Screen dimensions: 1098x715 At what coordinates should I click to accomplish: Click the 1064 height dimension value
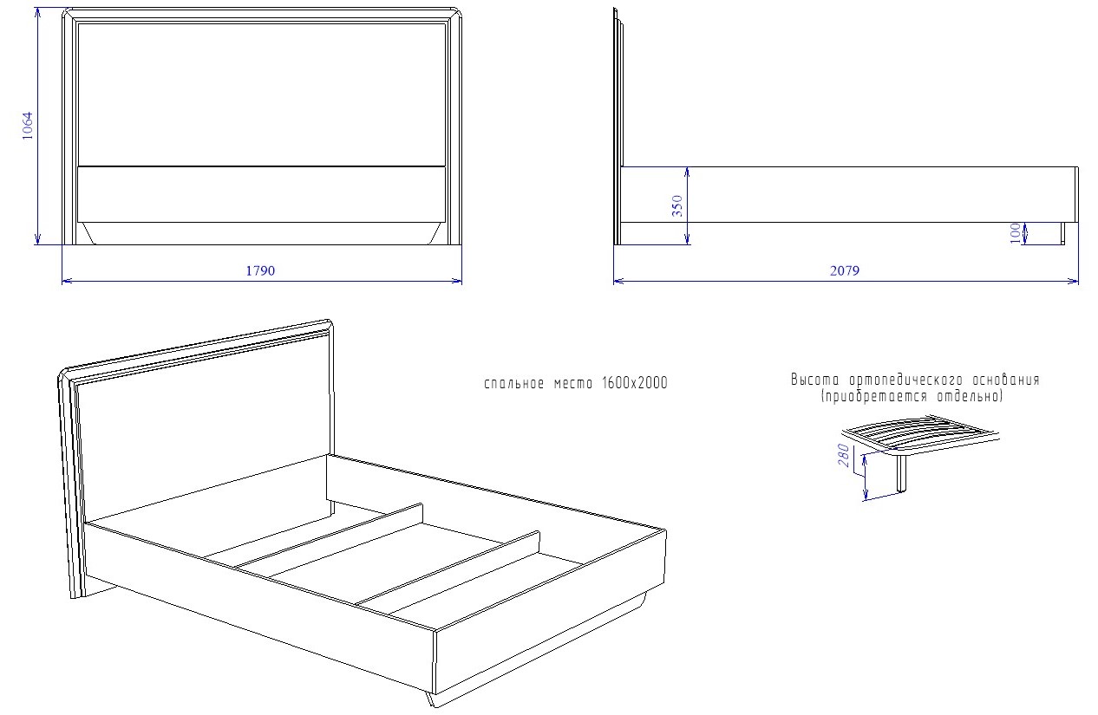click(x=28, y=126)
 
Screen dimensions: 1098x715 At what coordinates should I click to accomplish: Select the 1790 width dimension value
click(x=260, y=270)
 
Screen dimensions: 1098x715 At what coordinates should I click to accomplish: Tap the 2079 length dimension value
click(x=845, y=270)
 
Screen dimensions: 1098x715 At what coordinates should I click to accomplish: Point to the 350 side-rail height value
click(x=677, y=205)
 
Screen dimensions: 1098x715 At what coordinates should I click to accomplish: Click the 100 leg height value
click(x=1016, y=233)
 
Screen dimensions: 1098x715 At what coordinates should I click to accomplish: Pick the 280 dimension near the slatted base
click(x=844, y=455)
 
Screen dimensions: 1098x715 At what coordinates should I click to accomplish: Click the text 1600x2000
click(x=635, y=383)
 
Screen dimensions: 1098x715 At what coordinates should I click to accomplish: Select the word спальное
click(x=513, y=383)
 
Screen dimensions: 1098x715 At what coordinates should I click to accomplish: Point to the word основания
click(x=1006, y=380)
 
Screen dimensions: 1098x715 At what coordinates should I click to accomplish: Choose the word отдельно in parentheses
click(x=968, y=396)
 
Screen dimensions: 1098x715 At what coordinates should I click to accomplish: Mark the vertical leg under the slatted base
click(x=901, y=473)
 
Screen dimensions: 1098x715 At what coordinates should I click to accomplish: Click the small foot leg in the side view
click(x=1062, y=233)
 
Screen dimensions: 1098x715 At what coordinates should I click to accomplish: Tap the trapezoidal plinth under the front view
click(x=261, y=233)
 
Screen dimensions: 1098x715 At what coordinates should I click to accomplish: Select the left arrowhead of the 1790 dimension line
click(x=67, y=281)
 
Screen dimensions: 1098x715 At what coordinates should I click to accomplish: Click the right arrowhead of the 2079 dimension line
click(x=1074, y=281)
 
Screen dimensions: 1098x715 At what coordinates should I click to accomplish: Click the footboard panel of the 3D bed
click(x=550, y=612)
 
